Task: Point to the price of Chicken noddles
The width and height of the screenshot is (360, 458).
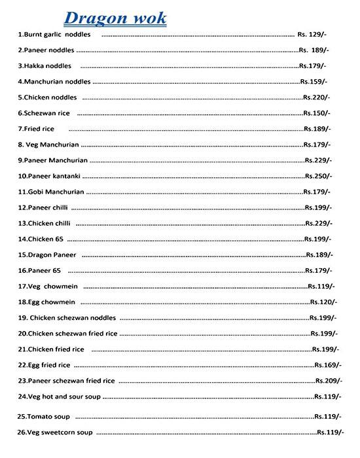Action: pyautogui.click(x=317, y=97)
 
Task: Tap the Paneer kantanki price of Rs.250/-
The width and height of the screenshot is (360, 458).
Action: pyautogui.click(x=319, y=176)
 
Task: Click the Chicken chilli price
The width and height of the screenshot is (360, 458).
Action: pyautogui.click(x=319, y=224)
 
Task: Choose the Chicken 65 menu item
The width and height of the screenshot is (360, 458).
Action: pyautogui.click(x=41, y=239)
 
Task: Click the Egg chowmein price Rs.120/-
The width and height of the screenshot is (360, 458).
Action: pyautogui.click(x=323, y=302)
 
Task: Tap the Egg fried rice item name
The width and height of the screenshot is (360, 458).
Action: pyautogui.click(x=44, y=365)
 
